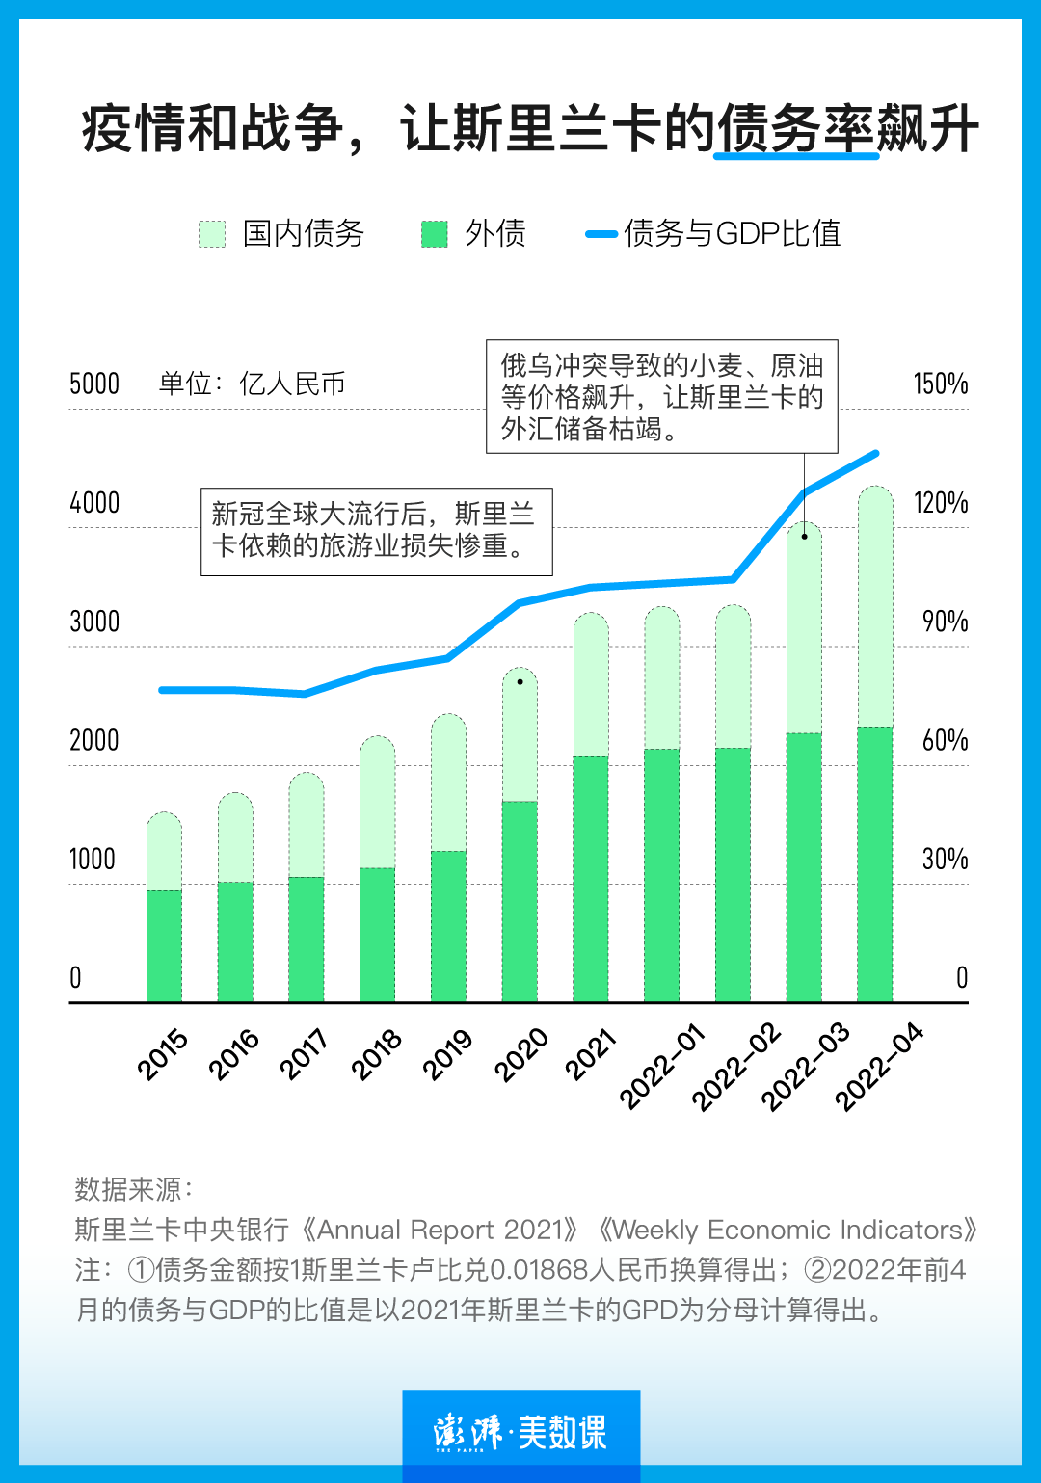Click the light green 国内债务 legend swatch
pyautogui.click(x=212, y=234)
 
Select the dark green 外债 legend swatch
pyautogui.click(x=435, y=234)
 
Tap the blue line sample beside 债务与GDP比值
pyautogui.click(x=601, y=234)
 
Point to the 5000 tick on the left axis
pyautogui.click(x=94, y=384)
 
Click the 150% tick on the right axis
pyautogui.click(x=940, y=384)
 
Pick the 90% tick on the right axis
pyautogui.click(x=944, y=622)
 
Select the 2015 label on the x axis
pyautogui.click(x=162, y=1054)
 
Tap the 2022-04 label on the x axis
pyautogui.click(x=878, y=1068)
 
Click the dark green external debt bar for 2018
pyautogui.click(x=377, y=935)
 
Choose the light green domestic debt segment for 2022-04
pyautogui.click(x=875, y=607)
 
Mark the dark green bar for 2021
pyautogui.click(x=591, y=879)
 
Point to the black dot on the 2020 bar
pyautogui.click(x=520, y=681)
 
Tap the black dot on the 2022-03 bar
pyautogui.click(x=804, y=536)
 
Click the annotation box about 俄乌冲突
pyautogui.click(x=661, y=396)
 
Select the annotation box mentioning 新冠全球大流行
pyautogui.click(x=376, y=531)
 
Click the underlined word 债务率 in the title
pyautogui.click(x=795, y=130)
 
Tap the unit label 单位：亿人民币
pyautogui.click(x=252, y=384)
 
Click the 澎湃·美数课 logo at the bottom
pyautogui.click(x=520, y=1432)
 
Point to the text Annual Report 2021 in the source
pyautogui.click(x=440, y=1231)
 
